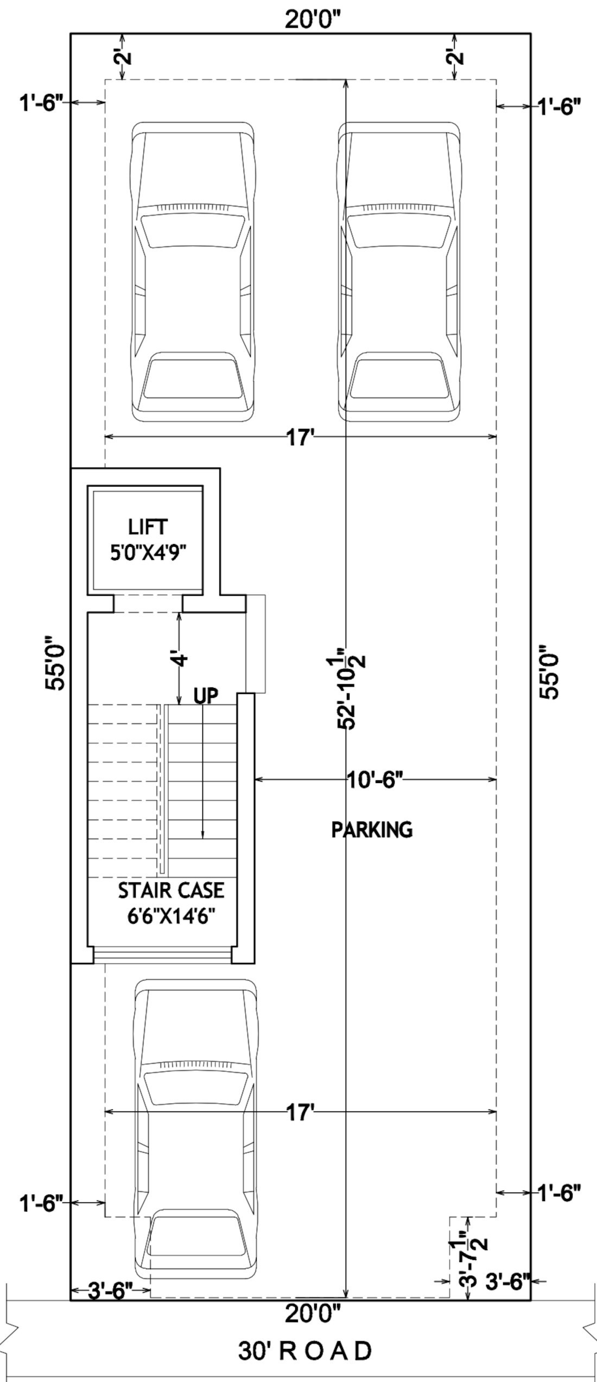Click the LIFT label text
(x=148, y=527)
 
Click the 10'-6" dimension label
(x=375, y=780)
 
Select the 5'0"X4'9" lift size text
(x=148, y=553)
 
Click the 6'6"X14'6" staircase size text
(x=172, y=917)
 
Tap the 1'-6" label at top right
(x=560, y=106)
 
